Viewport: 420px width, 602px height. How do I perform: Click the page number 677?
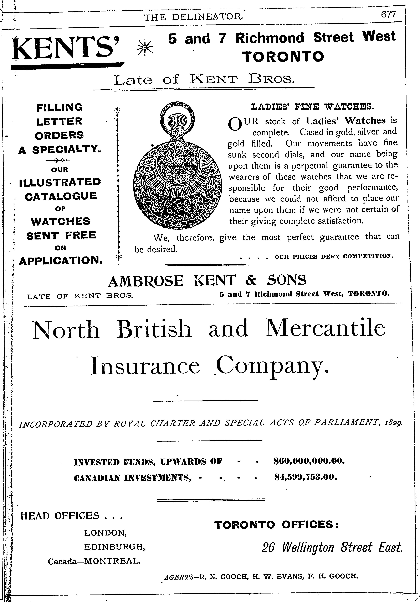(389, 14)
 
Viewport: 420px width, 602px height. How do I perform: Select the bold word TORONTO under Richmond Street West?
(283, 56)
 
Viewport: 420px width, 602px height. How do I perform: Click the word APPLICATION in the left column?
(61, 260)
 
